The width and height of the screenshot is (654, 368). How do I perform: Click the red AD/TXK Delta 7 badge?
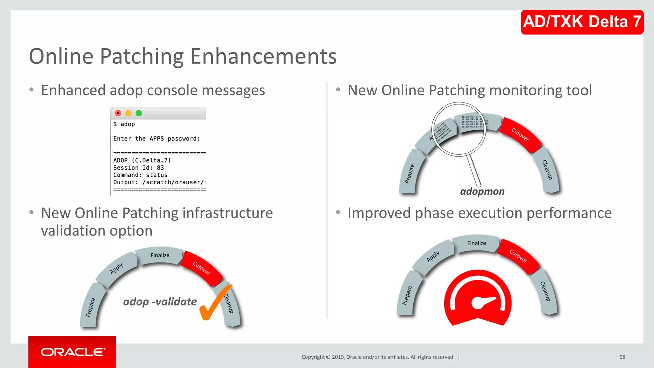(582, 22)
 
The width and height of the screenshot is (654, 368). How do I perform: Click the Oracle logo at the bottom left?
(72, 352)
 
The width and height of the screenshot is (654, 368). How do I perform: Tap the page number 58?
(622, 357)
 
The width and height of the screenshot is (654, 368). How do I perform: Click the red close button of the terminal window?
(118, 113)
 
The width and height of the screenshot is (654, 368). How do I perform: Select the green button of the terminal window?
(139, 113)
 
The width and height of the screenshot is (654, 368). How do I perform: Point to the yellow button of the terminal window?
(128, 113)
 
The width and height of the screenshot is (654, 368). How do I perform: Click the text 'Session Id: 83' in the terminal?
(138, 168)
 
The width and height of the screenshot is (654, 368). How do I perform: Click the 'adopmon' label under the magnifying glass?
(482, 191)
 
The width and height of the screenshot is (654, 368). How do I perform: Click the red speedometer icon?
(477, 299)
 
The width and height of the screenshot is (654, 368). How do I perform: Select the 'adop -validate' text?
(160, 302)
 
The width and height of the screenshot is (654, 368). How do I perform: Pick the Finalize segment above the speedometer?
(476, 243)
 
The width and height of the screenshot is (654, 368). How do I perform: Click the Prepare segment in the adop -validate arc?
(91, 307)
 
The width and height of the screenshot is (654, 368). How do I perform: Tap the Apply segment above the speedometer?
(433, 257)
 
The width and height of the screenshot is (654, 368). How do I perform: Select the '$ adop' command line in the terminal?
(124, 124)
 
